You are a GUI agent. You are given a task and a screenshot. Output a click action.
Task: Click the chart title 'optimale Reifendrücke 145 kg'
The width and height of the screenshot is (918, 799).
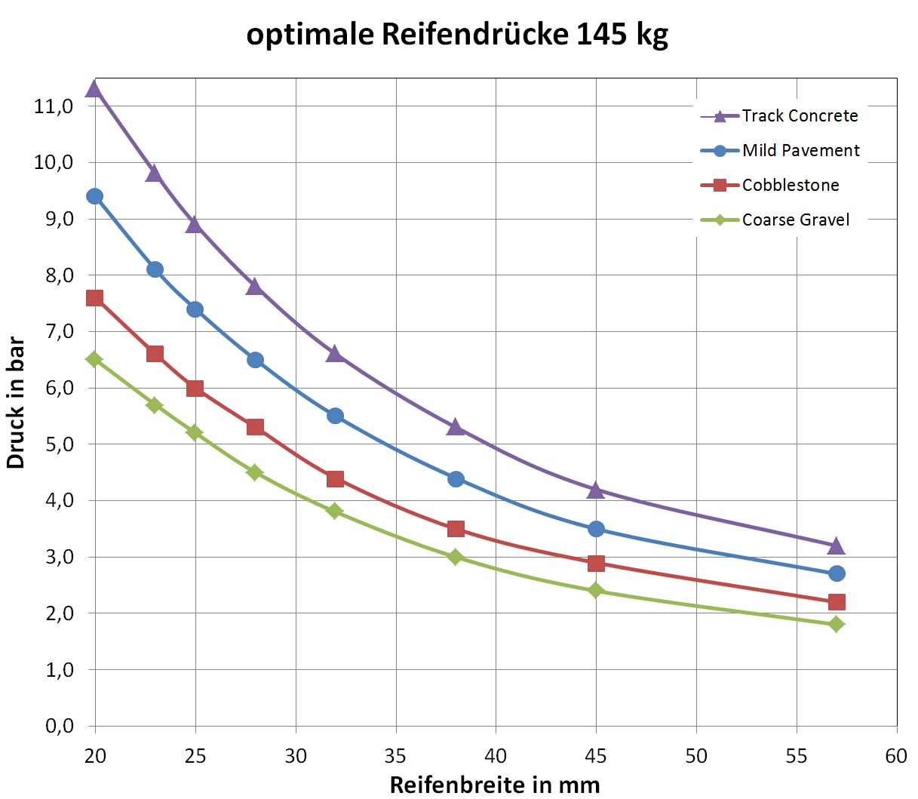point(457,35)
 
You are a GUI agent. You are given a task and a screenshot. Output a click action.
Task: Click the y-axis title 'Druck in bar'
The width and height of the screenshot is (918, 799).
point(17,403)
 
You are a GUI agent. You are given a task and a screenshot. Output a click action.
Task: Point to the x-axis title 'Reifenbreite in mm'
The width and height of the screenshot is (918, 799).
point(495,785)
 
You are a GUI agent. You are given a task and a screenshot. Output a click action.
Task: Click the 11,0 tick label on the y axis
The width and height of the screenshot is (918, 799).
point(53,106)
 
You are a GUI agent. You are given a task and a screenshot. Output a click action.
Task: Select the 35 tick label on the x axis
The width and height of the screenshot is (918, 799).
point(395,756)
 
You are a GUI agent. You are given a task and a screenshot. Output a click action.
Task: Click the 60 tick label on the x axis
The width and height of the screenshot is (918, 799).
point(896,756)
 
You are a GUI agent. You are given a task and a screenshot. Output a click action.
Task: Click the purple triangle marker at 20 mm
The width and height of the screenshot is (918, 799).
point(94,89)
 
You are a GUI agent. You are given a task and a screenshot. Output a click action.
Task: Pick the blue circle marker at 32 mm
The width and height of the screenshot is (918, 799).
point(335,416)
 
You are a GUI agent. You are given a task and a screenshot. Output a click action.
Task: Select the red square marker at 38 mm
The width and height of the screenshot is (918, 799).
point(456,529)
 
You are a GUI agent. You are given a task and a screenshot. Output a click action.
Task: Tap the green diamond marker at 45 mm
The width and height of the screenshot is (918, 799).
point(596,590)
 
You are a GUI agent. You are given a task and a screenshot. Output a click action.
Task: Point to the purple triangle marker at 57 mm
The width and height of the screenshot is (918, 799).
point(836,545)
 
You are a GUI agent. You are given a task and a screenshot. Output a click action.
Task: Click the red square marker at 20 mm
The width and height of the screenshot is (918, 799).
point(94,298)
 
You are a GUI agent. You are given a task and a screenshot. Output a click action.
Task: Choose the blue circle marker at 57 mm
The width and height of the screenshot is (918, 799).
point(836,573)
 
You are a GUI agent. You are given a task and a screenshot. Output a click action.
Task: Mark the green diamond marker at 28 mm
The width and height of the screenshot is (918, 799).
point(255,472)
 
